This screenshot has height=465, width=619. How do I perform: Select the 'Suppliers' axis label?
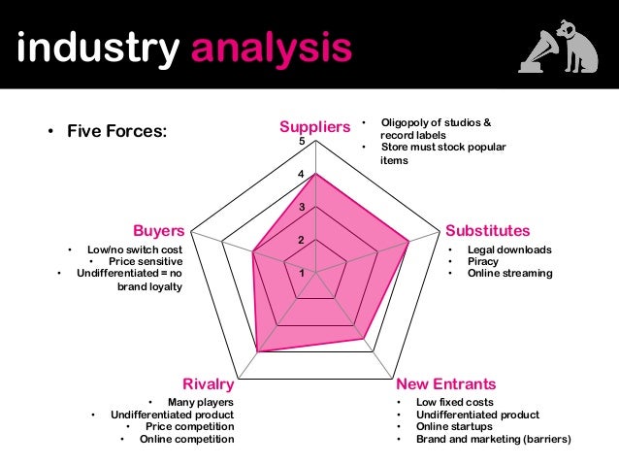coord(314,127)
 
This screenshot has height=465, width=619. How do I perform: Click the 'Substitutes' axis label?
coord(487,231)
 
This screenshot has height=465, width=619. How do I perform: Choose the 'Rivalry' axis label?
coord(209,383)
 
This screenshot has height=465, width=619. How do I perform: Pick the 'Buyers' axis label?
coord(159,231)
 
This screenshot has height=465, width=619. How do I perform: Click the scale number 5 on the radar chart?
coord(303,143)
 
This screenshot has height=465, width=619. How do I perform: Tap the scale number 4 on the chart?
coord(302,176)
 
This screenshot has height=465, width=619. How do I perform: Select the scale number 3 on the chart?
coord(302,208)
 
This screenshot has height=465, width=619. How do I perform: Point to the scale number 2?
coord(302,240)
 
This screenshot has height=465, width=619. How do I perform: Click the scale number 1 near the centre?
coord(302,273)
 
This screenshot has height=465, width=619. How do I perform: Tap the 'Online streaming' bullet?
coord(509,273)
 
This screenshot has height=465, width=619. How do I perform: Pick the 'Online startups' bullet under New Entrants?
coord(454,426)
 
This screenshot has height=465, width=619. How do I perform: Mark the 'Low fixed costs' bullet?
coord(455,402)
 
